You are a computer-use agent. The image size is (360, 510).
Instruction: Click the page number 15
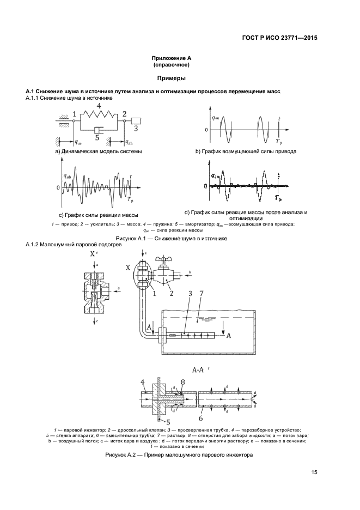coord(314,472)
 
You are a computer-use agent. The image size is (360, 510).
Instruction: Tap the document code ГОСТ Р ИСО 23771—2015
coord(280,38)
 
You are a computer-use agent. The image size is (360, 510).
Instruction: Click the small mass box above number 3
coord(136,121)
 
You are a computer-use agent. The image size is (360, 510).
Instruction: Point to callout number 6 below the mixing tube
coord(201,418)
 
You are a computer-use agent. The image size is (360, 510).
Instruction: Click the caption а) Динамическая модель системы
coord(99,151)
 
